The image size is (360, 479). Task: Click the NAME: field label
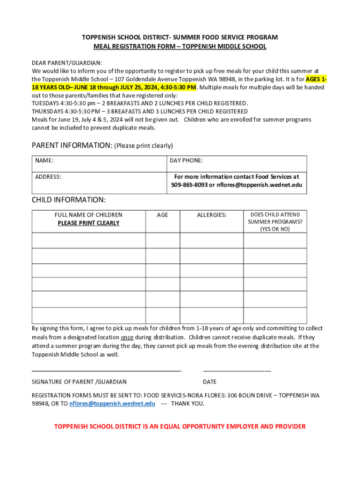(x=44, y=160)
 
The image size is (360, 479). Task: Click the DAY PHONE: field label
(x=186, y=160)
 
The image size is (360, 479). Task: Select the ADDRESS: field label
(x=48, y=177)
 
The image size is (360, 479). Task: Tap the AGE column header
(x=162, y=215)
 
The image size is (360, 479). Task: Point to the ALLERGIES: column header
(x=211, y=215)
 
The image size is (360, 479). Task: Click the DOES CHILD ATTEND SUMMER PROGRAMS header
(x=275, y=222)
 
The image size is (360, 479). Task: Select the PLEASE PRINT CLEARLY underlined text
(x=88, y=223)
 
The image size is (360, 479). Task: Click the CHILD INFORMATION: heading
(x=69, y=200)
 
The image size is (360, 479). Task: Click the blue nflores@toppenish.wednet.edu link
(x=112, y=404)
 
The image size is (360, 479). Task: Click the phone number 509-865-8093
(x=189, y=185)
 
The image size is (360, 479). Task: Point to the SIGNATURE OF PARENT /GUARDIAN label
(x=79, y=382)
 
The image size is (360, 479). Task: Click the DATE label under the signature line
(x=209, y=382)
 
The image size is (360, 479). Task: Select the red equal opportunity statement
(x=180, y=427)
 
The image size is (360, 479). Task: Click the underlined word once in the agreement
(x=127, y=337)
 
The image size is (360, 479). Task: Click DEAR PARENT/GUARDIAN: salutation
(x=67, y=63)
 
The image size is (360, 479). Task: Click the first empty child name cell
(x=88, y=240)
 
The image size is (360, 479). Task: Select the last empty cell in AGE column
(x=162, y=315)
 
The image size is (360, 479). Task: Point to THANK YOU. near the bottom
(x=187, y=404)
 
